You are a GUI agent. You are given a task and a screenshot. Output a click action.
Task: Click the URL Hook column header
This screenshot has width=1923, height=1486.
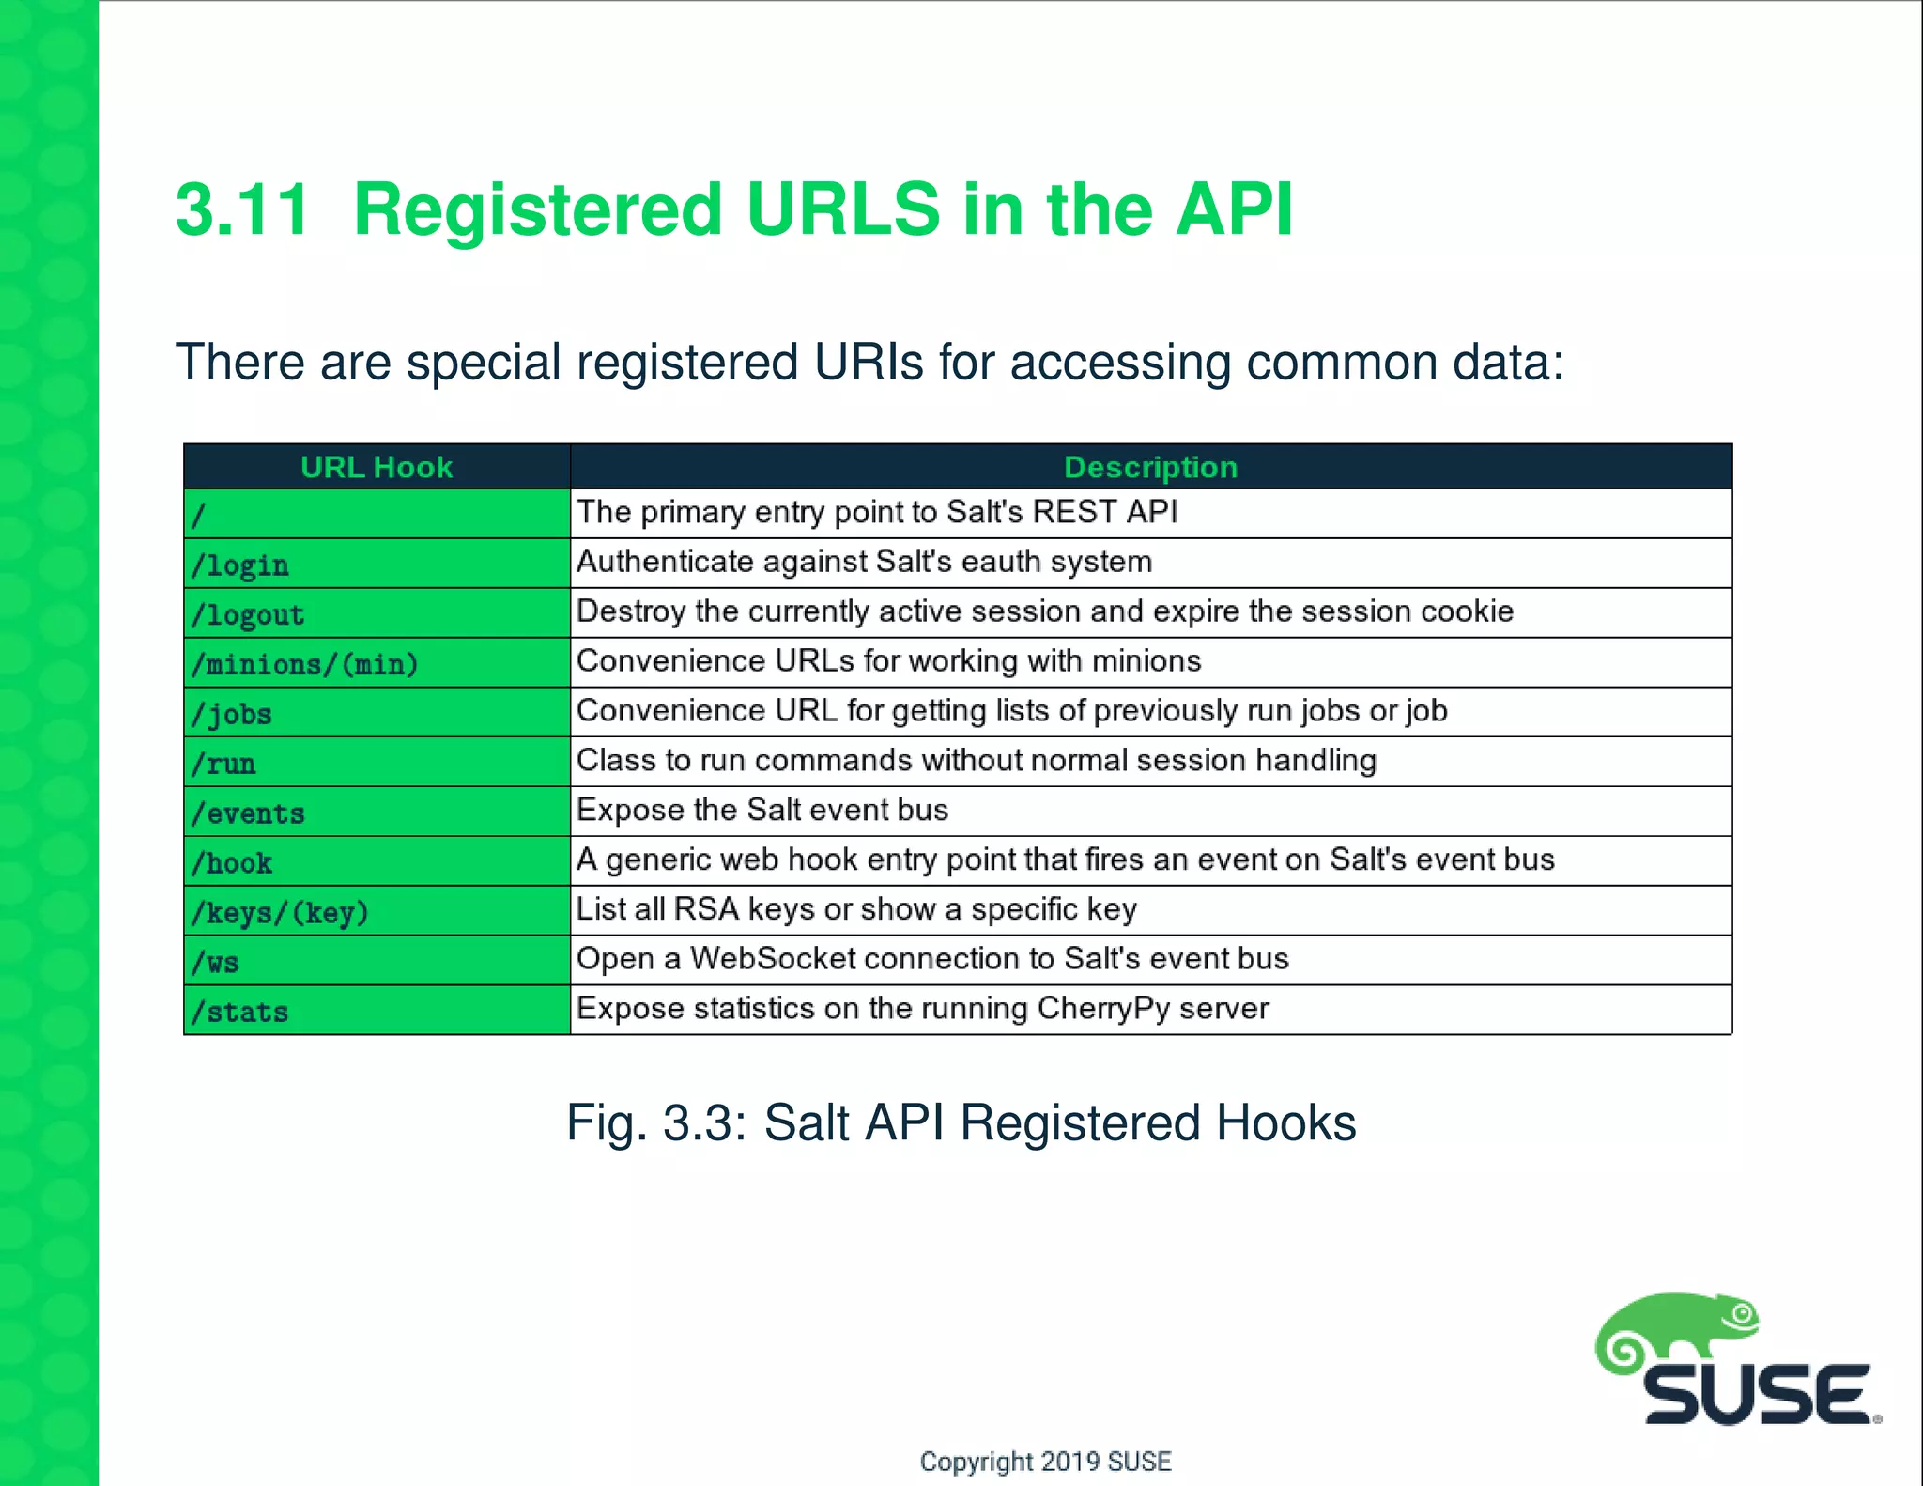pyautogui.click(x=377, y=467)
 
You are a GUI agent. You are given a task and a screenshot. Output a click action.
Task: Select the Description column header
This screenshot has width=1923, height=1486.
pyautogui.click(x=1150, y=467)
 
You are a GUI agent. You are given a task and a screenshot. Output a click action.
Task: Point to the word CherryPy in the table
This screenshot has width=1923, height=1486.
pyautogui.click(x=1103, y=1009)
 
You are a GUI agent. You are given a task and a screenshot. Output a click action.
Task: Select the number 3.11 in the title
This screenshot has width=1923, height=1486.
pyautogui.click(x=242, y=209)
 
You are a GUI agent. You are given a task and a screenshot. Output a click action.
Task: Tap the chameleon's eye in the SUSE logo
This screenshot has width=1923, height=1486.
pyautogui.click(x=1743, y=1314)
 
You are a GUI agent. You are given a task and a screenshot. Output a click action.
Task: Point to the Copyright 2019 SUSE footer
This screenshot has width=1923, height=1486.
pyautogui.click(x=1045, y=1462)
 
